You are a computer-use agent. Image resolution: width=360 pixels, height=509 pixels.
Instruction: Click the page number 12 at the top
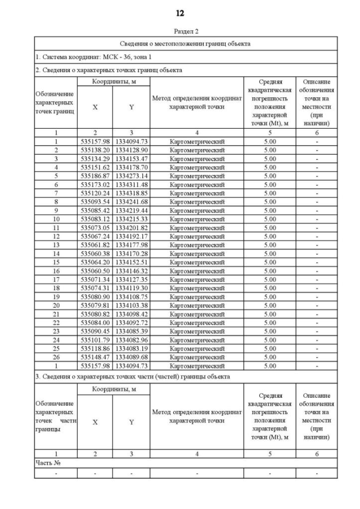[180, 13]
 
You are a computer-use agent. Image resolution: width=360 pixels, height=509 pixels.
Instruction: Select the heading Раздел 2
[180, 31]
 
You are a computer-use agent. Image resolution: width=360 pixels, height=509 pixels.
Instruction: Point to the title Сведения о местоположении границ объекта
[185, 43]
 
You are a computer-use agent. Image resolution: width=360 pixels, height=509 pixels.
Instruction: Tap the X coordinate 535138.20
[95, 150]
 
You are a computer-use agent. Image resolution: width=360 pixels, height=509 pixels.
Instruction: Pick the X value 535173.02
[95, 184]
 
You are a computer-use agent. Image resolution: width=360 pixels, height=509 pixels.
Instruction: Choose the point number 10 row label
[56, 218]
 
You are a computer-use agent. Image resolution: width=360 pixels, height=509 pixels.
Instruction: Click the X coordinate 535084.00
[95, 322]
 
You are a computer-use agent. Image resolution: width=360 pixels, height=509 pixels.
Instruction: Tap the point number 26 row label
[56, 357]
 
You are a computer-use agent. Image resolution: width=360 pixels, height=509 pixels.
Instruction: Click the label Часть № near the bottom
[48, 463]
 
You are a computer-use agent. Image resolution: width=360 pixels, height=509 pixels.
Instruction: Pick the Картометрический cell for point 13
[197, 244]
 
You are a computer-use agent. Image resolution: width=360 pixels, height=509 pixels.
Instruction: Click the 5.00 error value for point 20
[270, 305]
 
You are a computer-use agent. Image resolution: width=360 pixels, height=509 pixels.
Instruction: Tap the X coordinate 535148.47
[95, 357]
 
